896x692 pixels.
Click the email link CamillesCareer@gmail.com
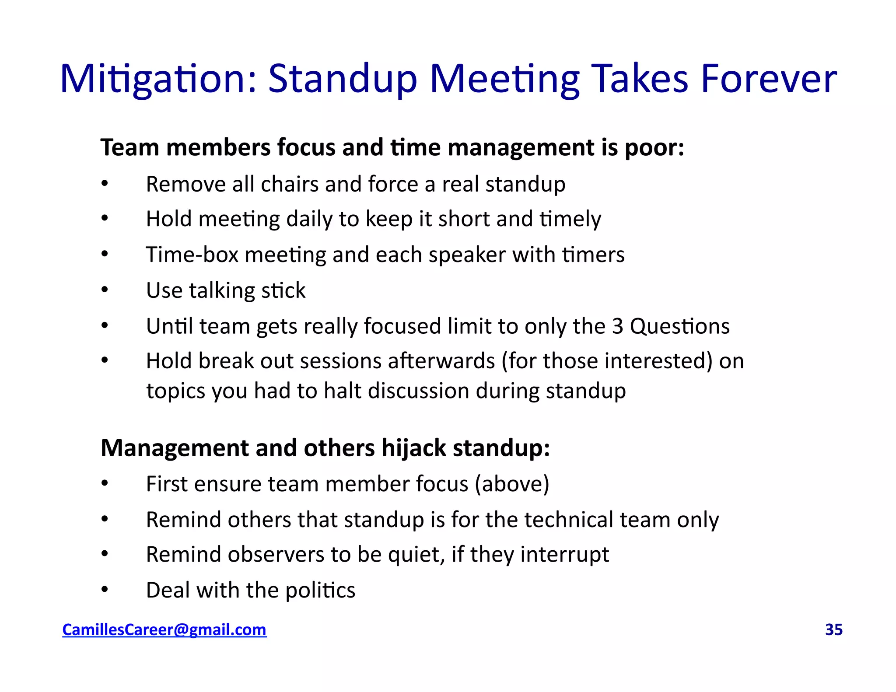(x=164, y=629)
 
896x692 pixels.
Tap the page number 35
(x=833, y=629)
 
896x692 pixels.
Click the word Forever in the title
(x=769, y=79)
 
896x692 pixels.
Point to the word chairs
(x=289, y=184)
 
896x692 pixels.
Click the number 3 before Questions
(x=617, y=326)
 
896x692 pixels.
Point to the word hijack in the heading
(x=413, y=448)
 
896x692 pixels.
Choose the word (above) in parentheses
(x=512, y=484)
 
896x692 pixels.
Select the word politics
(x=320, y=590)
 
